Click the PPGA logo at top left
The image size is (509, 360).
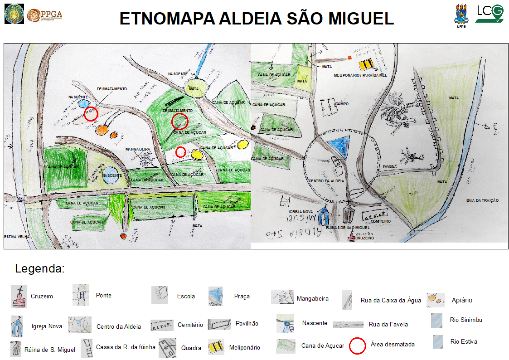(44, 15)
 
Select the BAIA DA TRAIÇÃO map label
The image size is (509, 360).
(482, 200)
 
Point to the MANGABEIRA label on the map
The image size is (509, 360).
(138, 149)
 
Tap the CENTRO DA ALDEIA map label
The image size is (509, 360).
(326, 181)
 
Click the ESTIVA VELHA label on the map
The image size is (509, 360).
(17, 237)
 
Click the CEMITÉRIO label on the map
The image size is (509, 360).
(380, 221)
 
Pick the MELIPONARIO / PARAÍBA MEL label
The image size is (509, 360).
(360, 75)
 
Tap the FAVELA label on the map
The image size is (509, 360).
(390, 166)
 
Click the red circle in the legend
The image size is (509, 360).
(357, 346)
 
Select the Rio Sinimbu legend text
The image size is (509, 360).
(466, 320)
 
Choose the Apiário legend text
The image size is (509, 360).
(462, 300)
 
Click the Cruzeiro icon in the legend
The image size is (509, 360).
(19, 297)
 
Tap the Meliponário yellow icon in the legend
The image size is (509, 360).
(216, 347)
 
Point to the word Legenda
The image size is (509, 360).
(40, 268)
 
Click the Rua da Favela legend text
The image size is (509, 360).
(388, 324)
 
